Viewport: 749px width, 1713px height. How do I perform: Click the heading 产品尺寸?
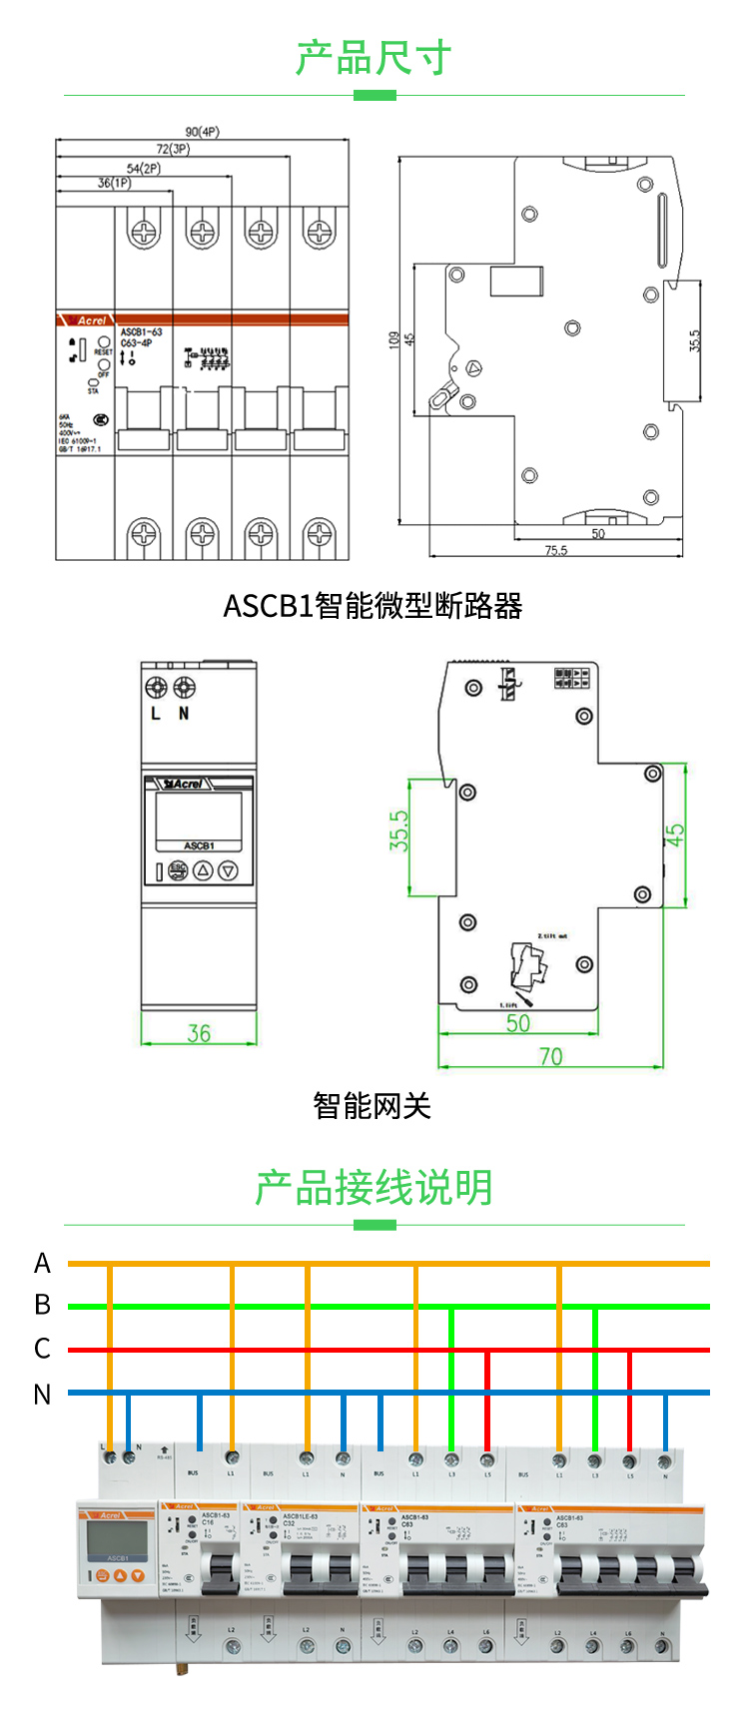tap(374, 59)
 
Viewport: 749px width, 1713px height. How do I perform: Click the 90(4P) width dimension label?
tap(202, 132)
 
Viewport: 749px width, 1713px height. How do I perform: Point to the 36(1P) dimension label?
tap(114, 183)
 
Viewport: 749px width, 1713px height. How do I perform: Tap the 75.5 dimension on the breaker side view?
tap(555, 550)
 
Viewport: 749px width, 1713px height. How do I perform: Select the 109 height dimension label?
tap(393, 339)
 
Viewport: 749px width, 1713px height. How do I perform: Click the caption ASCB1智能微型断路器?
tap(373, 606)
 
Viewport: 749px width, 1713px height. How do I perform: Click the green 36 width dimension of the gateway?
tap(199, 1033)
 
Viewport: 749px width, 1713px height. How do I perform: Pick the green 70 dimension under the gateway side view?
tap(550, 1056)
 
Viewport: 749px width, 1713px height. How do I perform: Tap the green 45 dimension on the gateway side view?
tap(675, 836)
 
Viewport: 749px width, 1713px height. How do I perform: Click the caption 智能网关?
tap(372, 1106)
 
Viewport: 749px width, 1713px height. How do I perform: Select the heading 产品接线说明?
tap(374, 1188)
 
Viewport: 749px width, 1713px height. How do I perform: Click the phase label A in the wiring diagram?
tap(42, 1264)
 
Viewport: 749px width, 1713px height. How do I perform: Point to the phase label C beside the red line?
tap(42, 1349)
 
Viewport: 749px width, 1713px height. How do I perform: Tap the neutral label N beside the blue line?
tap(42, 1395)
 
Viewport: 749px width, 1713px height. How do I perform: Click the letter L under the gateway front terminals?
tap(155, 714)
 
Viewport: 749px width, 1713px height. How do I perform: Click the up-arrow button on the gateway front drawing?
tap(203, 870)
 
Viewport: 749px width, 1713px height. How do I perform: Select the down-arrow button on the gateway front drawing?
tap(228, 870)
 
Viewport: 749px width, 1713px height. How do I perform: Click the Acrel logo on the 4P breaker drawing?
tap(90, 320)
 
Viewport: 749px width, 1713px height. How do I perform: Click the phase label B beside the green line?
tap(42, 1305)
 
